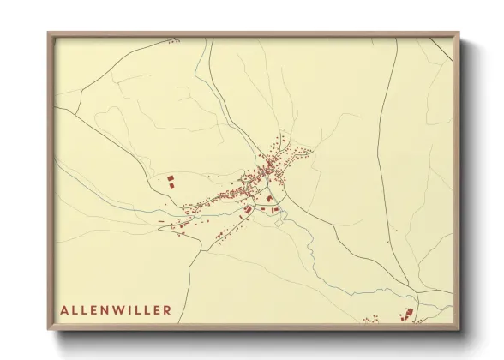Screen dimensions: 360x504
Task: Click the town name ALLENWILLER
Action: point(116,309)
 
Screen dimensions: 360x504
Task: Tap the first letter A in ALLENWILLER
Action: point(64,309)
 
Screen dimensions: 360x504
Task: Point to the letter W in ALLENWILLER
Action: point(124,309)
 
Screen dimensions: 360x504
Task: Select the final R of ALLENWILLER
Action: point(167,309)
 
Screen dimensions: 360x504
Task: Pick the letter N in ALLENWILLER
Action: point(110,309)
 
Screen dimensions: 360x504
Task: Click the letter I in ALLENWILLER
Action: point(136,309)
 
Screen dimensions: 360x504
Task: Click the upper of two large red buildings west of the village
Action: point(170,178)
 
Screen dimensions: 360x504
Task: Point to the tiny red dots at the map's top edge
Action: point(173,40)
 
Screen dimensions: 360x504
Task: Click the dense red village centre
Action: point(257,176)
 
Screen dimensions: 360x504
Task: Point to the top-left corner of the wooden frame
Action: point(48,33)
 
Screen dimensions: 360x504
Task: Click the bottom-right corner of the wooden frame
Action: point(459,329)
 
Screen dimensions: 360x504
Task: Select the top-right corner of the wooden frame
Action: point(459,33)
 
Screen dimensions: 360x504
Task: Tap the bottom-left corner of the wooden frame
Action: point(48,329)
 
